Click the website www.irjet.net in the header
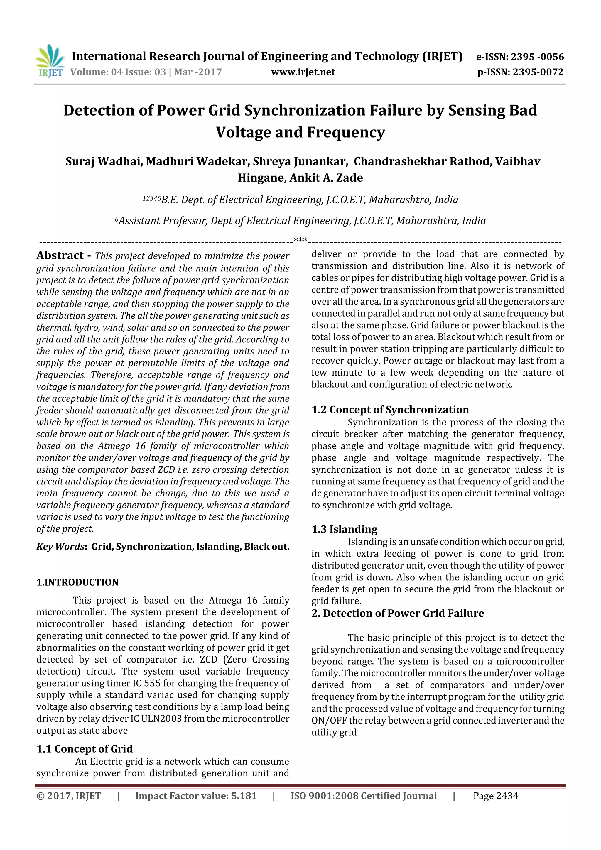point(303,72)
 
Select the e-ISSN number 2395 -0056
point(537,57)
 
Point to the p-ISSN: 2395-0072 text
point(520,72)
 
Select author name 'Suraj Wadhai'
point(104,162)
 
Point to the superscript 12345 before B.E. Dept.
point(151,198)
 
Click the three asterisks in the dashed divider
point(300,240)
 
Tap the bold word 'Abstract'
point(60,256)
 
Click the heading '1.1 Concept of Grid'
point(85,749)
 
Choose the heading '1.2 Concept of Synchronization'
point(390,410)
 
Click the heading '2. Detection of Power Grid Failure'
point(397,614)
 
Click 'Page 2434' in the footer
point(495,796)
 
